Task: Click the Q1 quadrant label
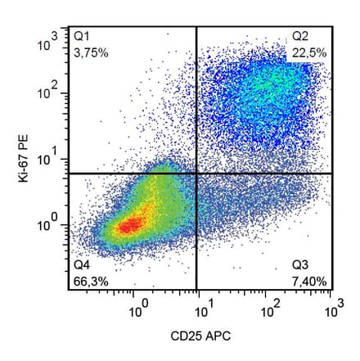point(82,36)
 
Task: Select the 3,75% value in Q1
point(91,52)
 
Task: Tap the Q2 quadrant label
point(301,36)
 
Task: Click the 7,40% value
point(310,281)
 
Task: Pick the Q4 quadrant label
point(82,265)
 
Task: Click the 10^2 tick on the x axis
point(267,309)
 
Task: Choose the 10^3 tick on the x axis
point(331,309)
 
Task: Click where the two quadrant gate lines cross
point(197,174)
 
